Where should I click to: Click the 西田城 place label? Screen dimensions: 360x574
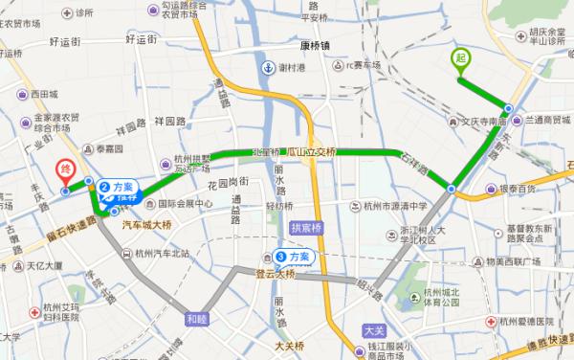[44, 95]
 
